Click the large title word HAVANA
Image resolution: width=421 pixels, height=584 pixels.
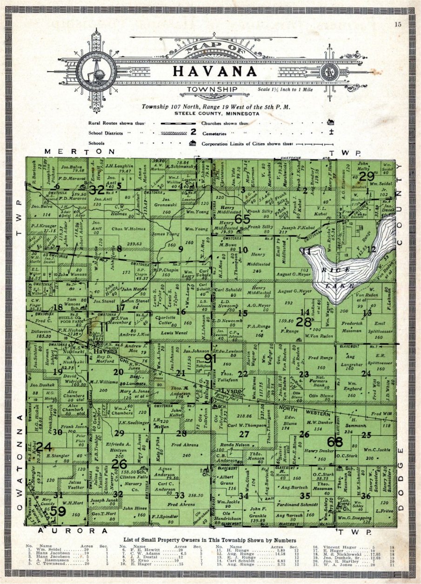[214, 71]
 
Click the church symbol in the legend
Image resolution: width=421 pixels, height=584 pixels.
[330, 123]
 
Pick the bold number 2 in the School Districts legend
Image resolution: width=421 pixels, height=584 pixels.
[193, 132]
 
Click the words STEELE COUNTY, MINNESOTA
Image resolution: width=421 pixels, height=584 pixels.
[214, 113]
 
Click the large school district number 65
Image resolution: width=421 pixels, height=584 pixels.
[242, 218]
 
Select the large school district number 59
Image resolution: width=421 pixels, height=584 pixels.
[58, 511]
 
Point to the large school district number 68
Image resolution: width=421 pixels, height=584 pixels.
[335, 441]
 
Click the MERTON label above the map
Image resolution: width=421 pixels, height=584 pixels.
[80, 152]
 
